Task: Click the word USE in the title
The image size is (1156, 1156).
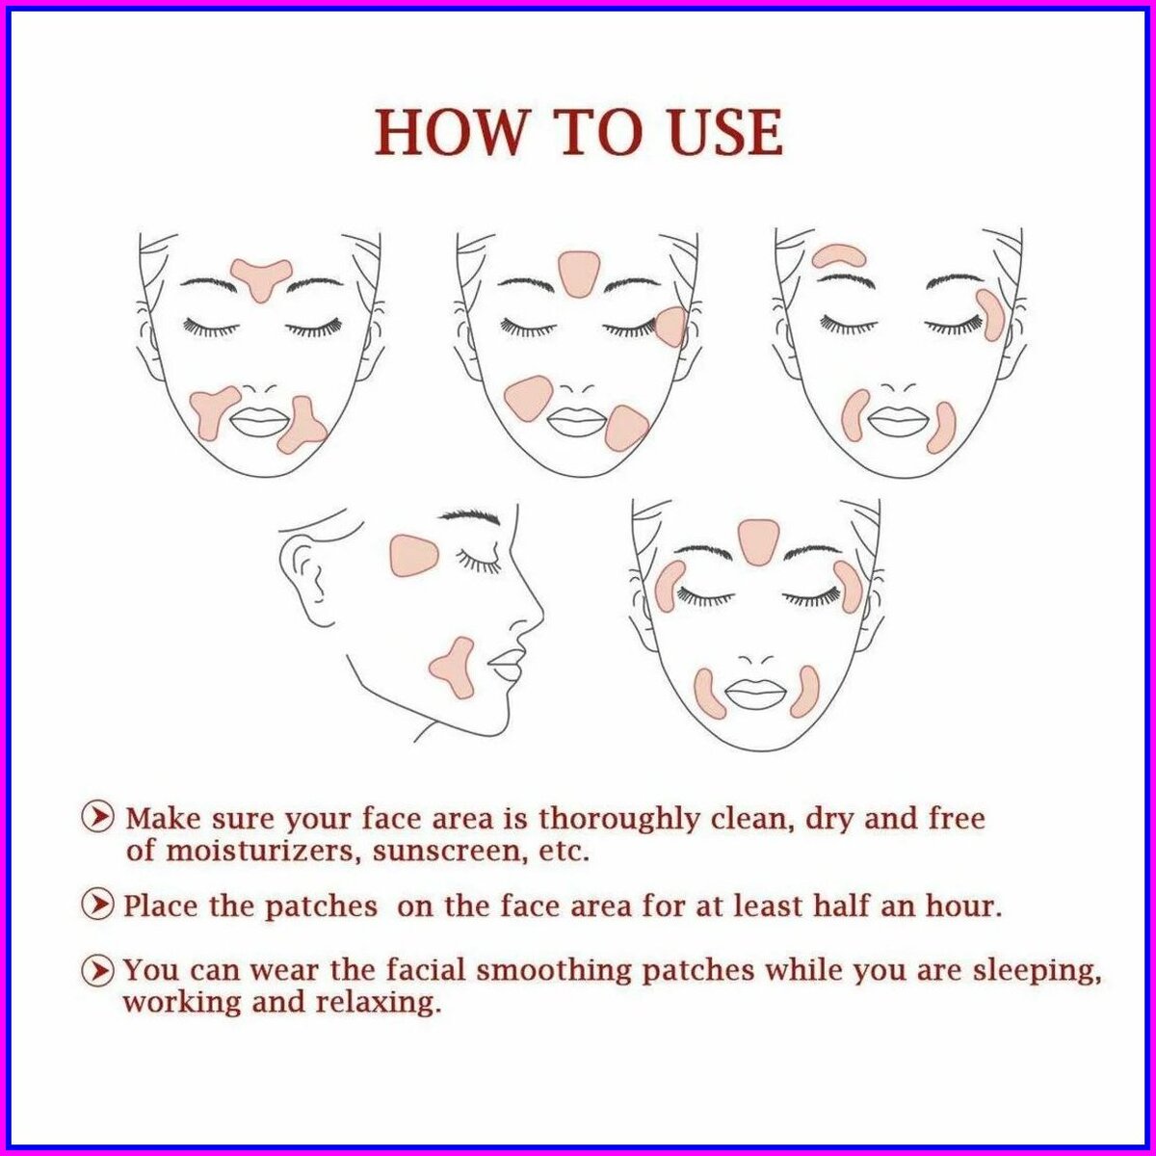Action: (722, 132)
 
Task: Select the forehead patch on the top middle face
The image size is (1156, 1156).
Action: (578, 274)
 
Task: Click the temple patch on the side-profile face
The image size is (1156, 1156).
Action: (414, 555)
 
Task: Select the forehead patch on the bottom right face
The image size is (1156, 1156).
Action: (754, 540)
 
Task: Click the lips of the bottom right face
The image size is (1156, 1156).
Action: (753, 695)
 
